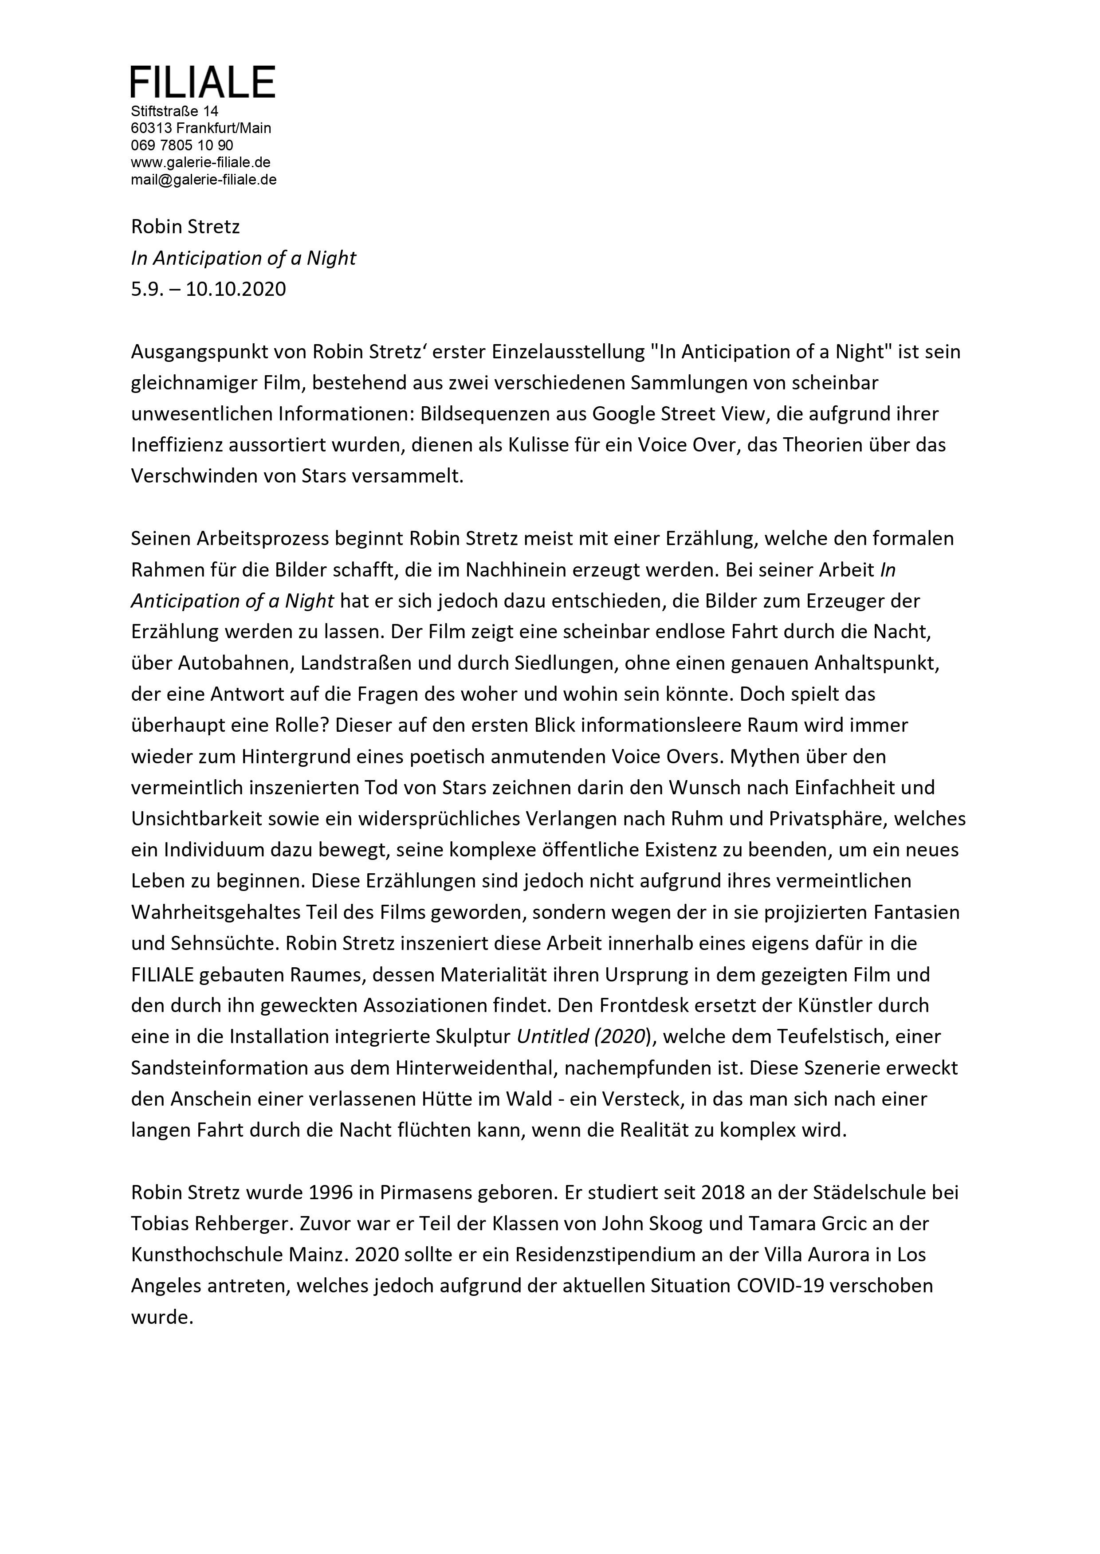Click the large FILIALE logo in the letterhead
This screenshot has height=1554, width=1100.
pos(203,82)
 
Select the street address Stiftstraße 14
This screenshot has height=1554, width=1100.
pos(175,111)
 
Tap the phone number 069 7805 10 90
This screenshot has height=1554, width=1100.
pos(182,145)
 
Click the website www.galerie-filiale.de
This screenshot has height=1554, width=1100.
pos(200,162)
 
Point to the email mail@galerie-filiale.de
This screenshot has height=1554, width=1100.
pos(203,180)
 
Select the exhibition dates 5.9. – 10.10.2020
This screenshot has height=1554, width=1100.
pos(208,289)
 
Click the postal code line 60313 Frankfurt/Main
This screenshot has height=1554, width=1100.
pos(200,128)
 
